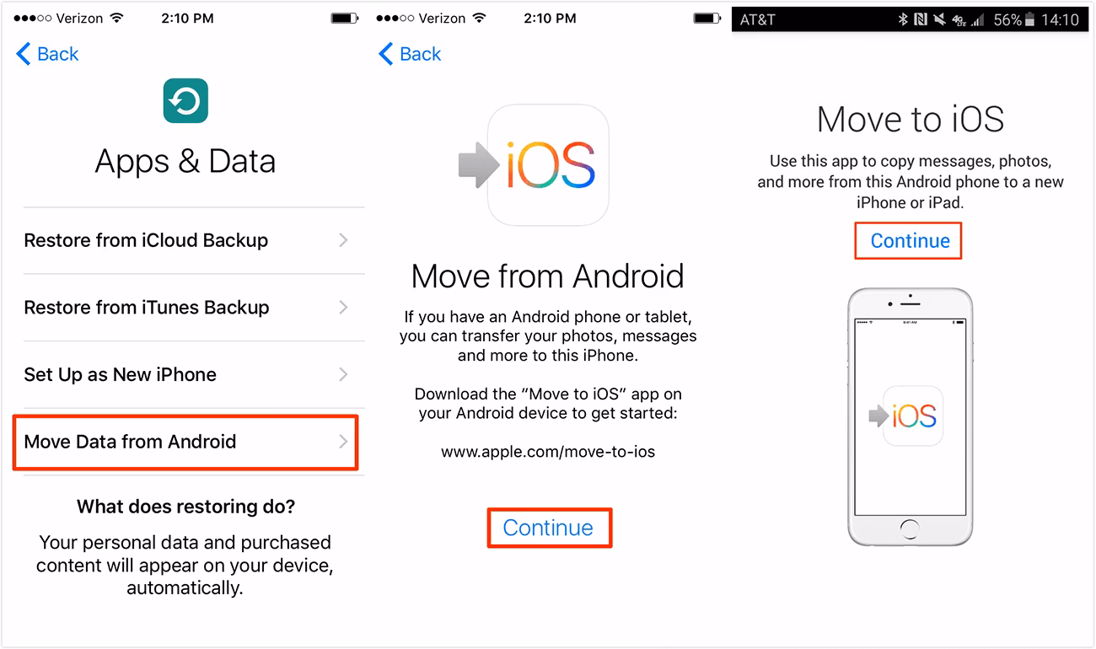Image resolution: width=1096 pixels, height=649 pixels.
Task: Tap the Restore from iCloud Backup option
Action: (146, 240)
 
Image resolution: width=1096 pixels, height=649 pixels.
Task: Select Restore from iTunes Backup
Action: (147, 308)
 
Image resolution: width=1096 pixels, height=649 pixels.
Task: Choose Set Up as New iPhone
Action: (121, 375)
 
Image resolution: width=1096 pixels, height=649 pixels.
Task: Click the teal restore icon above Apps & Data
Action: (185, 101)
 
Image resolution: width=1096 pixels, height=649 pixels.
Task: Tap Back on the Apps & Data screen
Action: (47, 54)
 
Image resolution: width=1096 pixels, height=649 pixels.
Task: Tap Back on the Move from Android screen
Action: (410, 54)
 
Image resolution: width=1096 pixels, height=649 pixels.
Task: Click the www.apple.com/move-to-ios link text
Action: (548, 452)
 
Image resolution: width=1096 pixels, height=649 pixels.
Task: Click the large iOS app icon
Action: (548, 165)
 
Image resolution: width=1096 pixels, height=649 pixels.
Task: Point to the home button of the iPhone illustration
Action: (909, 528)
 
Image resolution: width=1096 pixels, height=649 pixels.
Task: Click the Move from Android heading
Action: (548, 276)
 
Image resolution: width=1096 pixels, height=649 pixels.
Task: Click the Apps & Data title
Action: (185, 161)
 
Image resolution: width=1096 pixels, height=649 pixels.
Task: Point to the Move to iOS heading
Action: (911, 120)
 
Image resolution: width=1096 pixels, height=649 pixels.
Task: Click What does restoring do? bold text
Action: (185, 507)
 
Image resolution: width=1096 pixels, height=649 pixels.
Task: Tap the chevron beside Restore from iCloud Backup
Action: (343, 240)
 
